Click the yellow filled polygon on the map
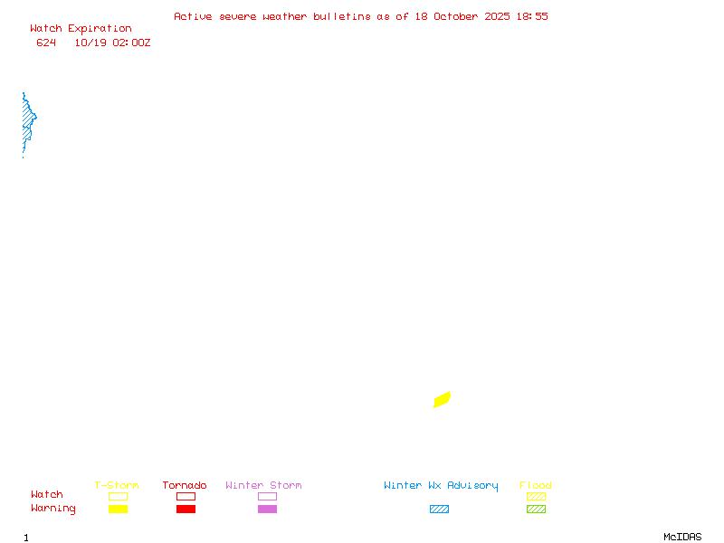(x=442, y=399)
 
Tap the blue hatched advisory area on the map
(x=27, y=120)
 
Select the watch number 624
(x=46, y=43)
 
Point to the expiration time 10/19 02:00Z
(x=112, y=43)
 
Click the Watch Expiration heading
(x=81, y=29)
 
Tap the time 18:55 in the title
(x=532, y=16)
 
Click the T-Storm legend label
(x=117, y=486)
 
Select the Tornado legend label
(x=185, y=486)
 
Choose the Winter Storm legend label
(x=263, y=486)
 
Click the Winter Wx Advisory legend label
(x=441, y=486)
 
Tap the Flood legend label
(x=536, y=486)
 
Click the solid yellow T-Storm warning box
(x=118, y=510)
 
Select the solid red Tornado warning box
(x=186, y=510)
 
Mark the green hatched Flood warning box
(x=536, y=510)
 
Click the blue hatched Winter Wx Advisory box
(x=439, y=510)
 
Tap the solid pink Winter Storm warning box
(x=267, y=510)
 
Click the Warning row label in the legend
(x=53, y=509)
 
